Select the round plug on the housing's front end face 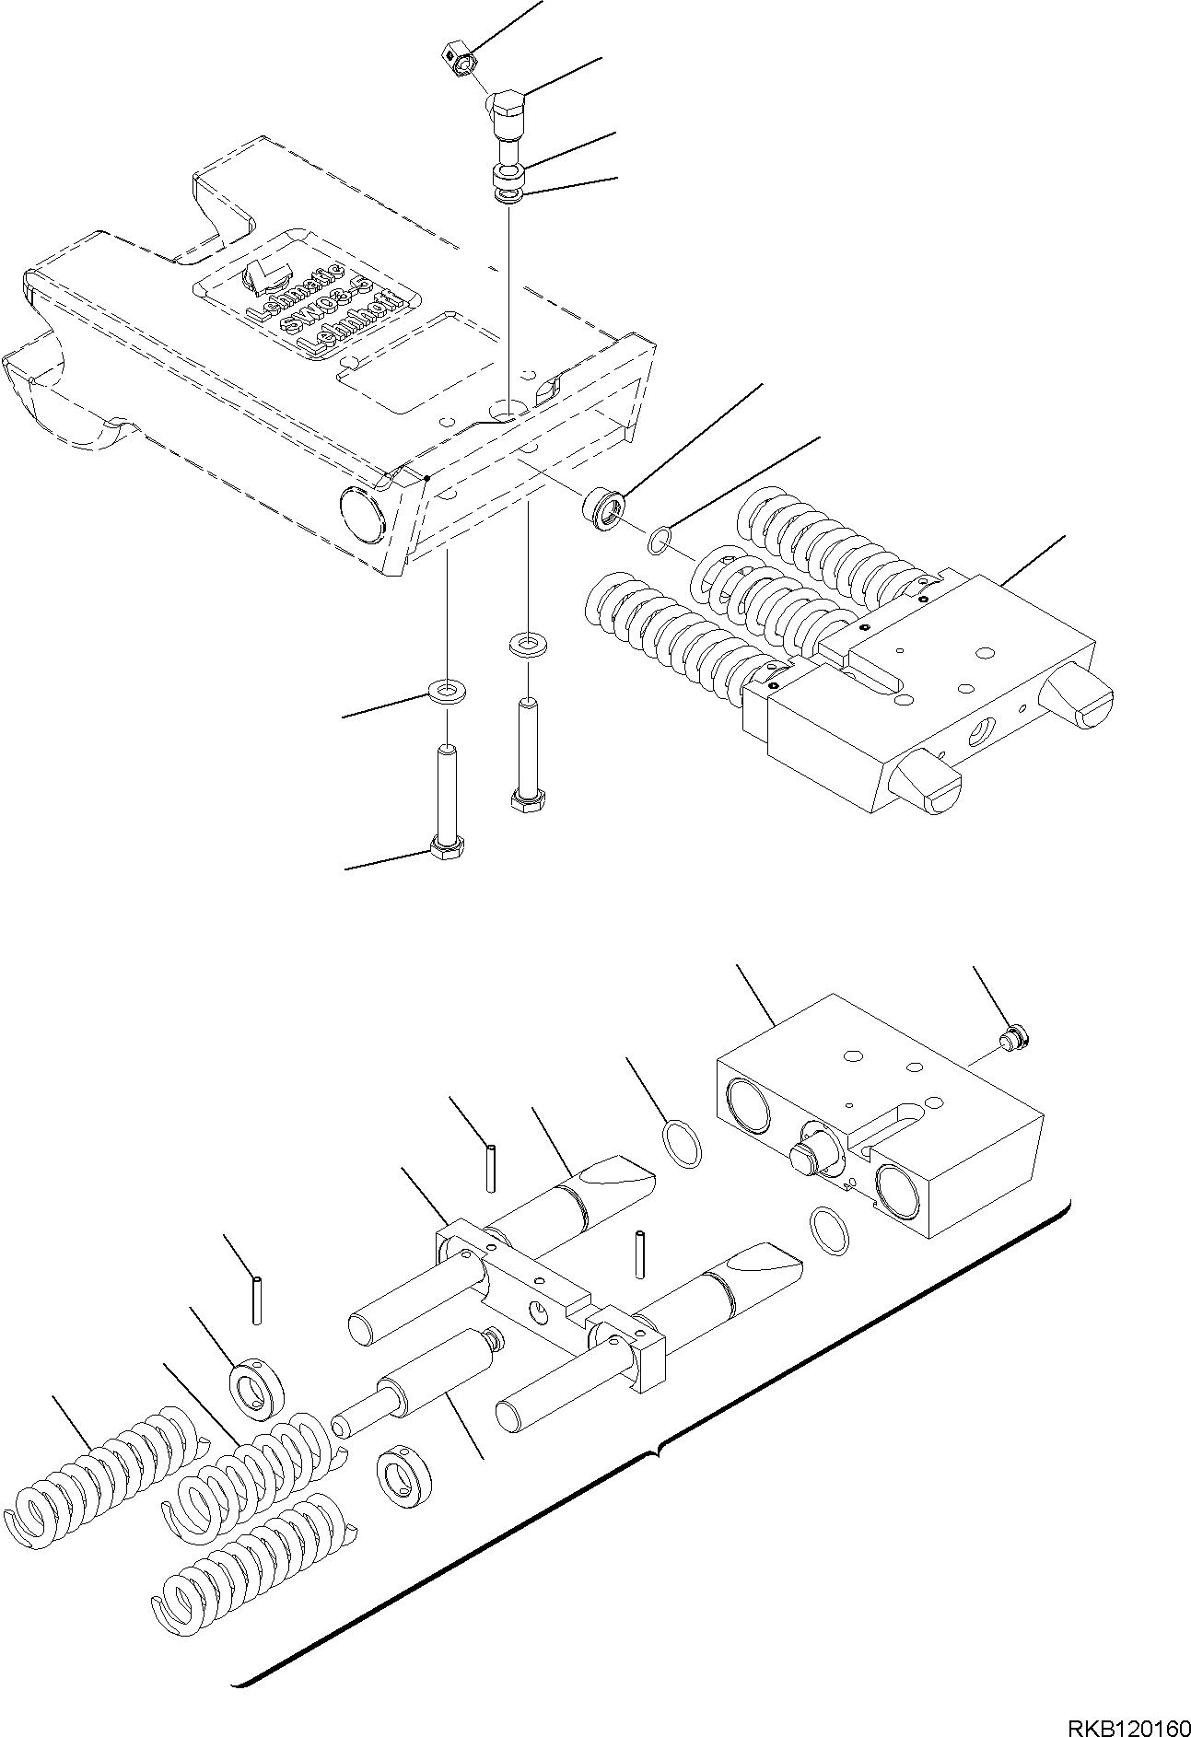[360, 512]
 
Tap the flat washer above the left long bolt [447, 689]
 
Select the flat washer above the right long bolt [526, 642]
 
